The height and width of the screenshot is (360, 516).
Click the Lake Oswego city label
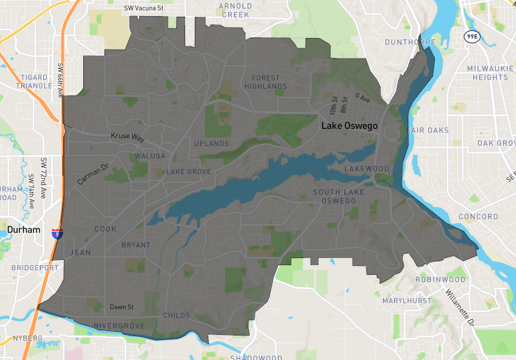pyautogui.click(x=349, y=126)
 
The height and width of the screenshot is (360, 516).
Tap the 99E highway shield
pyautogui.click(x=472, y=37)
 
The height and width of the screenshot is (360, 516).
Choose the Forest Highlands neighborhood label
pyautogui.click(x=265, y=82)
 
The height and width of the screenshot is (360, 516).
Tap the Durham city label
pyautogui.click(x=24, y=230)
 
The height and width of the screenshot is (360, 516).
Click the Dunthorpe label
pyautogui.click(x=410, y=43)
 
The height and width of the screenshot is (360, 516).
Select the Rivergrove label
pyautogui.click(x=119, y=326)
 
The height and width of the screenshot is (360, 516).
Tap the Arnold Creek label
pyautogui.click(x=235, y=10)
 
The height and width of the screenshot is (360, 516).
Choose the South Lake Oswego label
pyautogui.click(x=338, y=197)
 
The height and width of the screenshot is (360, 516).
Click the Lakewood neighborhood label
pyautogui.click(x=367, y=169)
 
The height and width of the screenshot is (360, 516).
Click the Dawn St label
pyautogui.click(x=121, y=307)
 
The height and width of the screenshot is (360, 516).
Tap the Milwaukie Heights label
pyautogui.click(x=490, y=72)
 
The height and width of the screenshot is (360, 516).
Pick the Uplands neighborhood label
pyautogui.click(x=212, y=143)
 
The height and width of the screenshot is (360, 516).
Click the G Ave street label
pyautogui.click(x=362, y=97)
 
